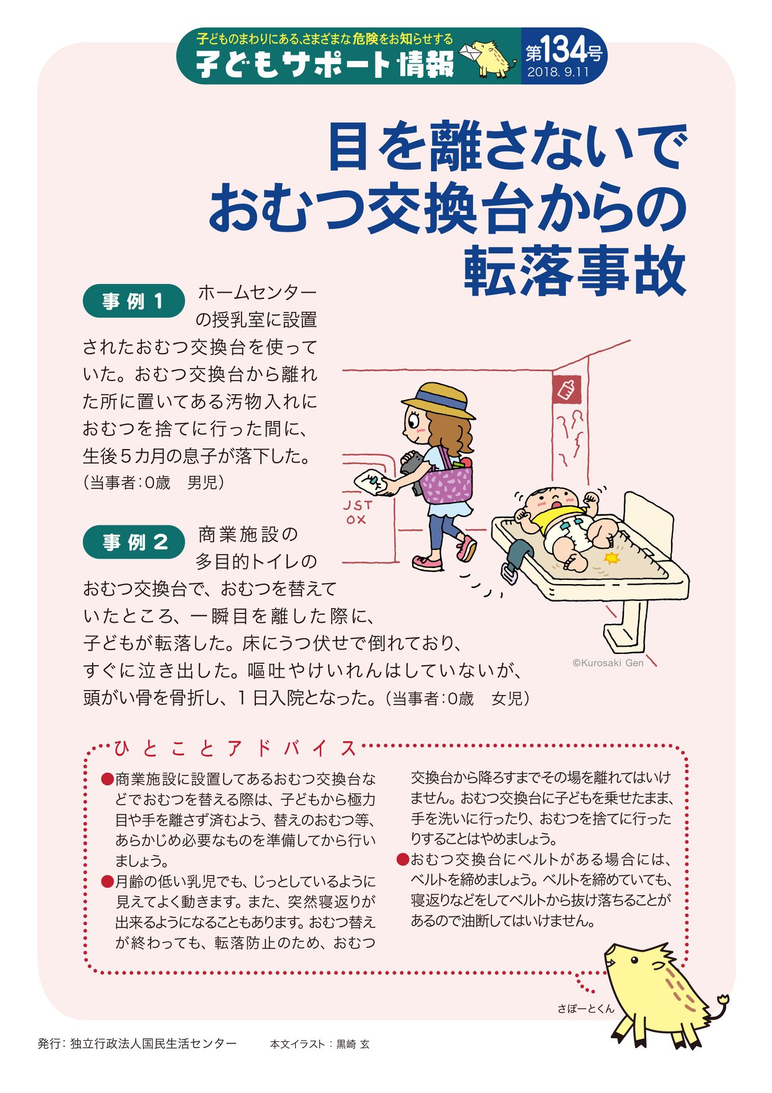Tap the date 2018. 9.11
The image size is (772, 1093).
click(558, 72)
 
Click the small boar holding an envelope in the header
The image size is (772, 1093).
click(489, 58)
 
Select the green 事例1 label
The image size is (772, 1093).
click(133, 301)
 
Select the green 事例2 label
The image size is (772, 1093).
click(133, 542)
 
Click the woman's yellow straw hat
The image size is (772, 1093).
click(438, 400)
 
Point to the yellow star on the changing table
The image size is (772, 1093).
click(613, 558)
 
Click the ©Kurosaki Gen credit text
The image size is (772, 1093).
click(608, 663)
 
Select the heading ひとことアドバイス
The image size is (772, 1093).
click(236, 747)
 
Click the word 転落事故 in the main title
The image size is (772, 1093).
click(575, 272)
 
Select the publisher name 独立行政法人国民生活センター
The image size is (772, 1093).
click(153, 1043)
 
